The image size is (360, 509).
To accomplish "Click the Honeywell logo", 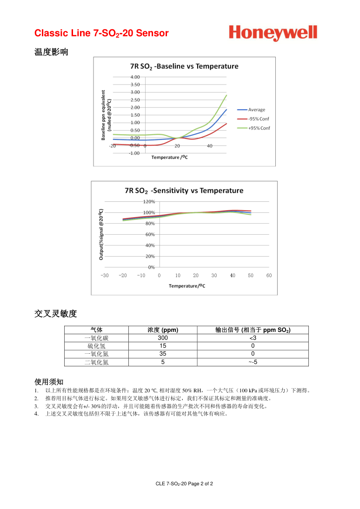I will (273, 33).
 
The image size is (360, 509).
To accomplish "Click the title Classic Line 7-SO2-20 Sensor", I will (101, 33).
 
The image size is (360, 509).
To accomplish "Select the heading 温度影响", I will (51, 52).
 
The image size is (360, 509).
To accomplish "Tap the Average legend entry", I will (256, 110).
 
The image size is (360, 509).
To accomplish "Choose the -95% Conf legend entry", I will (258, 119).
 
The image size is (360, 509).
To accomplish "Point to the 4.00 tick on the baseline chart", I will (135, 77).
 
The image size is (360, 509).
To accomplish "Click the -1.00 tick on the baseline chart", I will (134, 153).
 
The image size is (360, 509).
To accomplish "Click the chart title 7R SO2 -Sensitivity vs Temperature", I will (184, 191).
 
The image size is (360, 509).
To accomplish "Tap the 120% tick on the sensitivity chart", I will (149, 202).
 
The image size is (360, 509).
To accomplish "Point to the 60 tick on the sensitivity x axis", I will (269, 276).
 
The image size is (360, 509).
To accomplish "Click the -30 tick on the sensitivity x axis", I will (105, 276).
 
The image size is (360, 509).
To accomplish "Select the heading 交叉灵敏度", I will (55, 314).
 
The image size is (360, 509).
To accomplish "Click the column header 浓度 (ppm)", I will (163, 330).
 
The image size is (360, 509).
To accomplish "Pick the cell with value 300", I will (163, 338).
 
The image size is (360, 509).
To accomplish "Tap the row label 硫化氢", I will (96, 346).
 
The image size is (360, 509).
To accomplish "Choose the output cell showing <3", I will (253, 338).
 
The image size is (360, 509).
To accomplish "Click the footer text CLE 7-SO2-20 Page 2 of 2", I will (184, 484).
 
